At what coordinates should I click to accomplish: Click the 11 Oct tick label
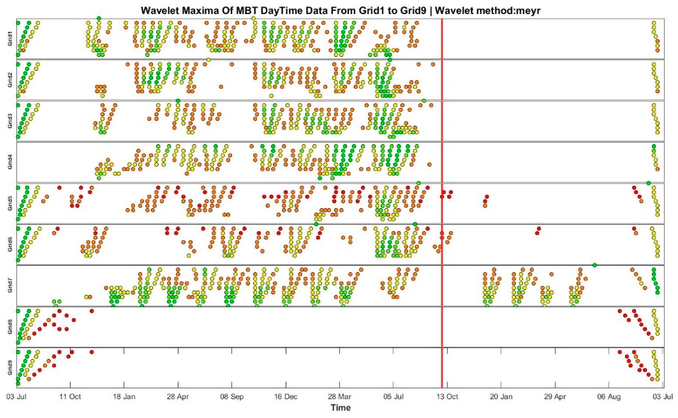coord(70,397)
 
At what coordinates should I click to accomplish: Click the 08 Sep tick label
coord(232,397)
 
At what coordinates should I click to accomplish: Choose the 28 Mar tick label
coord(339,397)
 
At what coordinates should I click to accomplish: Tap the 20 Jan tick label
coord(501,397)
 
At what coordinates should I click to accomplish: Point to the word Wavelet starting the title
coord(158,10)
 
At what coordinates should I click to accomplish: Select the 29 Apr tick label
coord(555,397)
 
